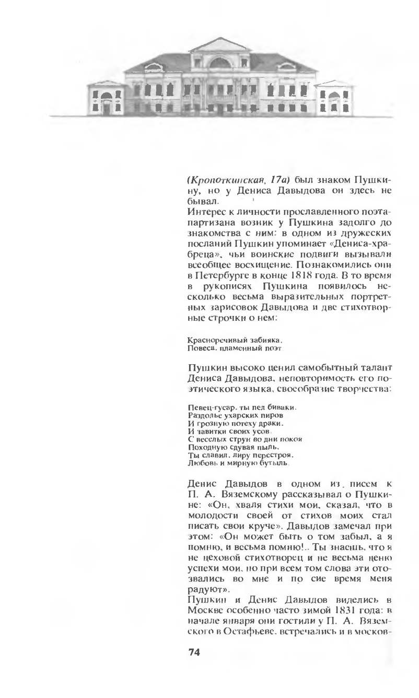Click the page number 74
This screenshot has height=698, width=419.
pos(194,653)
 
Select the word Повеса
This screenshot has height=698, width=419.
pos(199,347)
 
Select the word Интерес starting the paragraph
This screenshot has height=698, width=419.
pos(204,211)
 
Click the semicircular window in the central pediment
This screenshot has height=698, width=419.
pos(220,63)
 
